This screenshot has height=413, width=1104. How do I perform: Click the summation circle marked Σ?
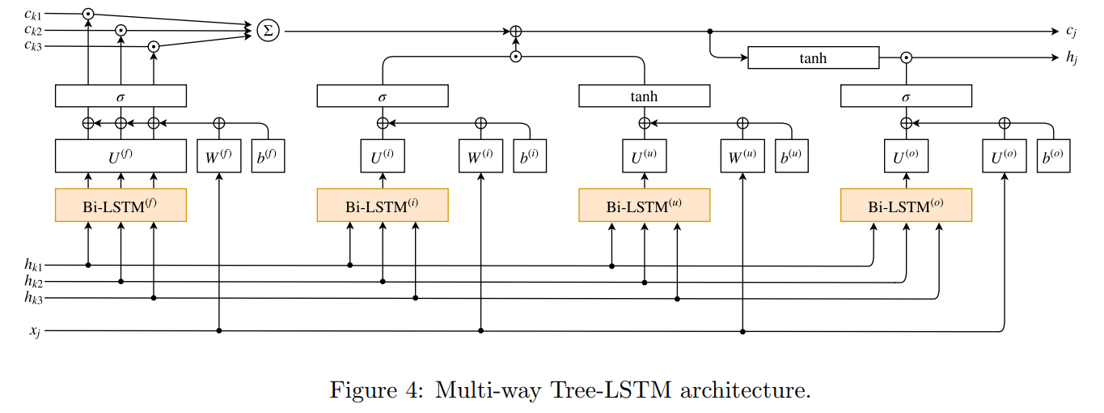click(267, 31)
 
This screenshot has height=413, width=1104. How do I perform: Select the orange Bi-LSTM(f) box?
click(121, 205)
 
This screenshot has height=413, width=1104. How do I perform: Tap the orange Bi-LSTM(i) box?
click(382, 205)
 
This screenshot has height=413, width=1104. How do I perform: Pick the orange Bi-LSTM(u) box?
click(644, 205)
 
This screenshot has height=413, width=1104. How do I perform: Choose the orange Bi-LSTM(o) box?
click(906, 205)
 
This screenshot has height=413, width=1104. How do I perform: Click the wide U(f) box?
click(121, 156)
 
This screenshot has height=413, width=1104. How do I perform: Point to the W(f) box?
click(219, 156)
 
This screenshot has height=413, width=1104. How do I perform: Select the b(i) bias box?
click(530, 156)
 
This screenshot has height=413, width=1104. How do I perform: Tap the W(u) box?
click(742, 156)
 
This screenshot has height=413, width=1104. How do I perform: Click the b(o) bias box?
click(1053, 156)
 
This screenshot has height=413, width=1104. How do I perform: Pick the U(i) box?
click(382, 156)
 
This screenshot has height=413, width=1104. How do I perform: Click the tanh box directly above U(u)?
click(644, 96)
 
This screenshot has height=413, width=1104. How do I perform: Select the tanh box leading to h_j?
click(813, 57)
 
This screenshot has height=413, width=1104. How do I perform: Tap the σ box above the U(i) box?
click(382, 96)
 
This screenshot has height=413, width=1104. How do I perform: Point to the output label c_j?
click(1072, 32)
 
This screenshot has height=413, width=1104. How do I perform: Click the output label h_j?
click(1072, 58)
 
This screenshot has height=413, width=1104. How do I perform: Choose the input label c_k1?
click(33, 14)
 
